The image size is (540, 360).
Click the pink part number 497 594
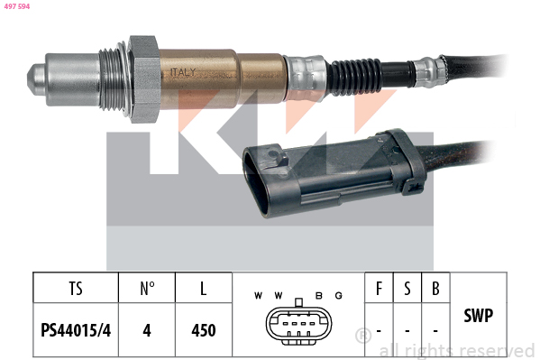[17, 6]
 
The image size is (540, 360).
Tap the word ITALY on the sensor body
[183, 72]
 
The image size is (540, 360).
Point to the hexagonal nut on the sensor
[143, 79]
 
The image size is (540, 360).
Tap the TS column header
[76, 289]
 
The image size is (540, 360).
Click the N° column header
[147, 289]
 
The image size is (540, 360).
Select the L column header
[204, 289]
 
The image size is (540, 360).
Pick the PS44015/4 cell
[76, 330]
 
